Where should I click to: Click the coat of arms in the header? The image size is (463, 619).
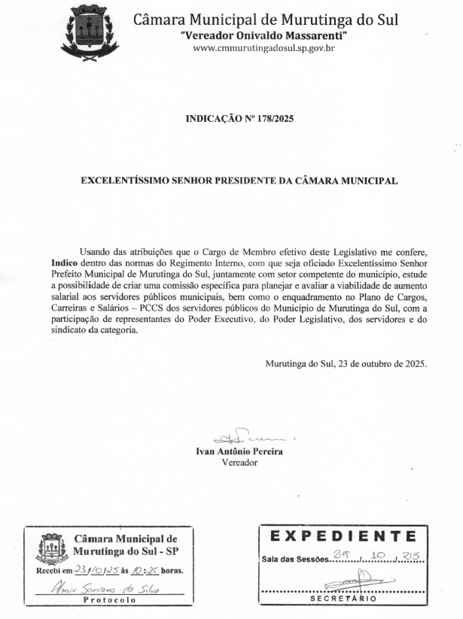pos(89,32)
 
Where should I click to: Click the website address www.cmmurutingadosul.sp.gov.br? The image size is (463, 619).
pos(263,48)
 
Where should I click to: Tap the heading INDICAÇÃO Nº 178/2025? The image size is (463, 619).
pos(239,119)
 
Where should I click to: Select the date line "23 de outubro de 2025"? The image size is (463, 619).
pos(374,364)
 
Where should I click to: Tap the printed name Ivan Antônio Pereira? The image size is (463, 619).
pos(234,452)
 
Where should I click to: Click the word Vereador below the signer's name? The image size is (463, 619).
pos(239,463)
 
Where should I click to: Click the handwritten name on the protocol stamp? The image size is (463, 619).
pos(109,589)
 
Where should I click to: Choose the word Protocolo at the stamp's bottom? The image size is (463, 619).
pos(110,601)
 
